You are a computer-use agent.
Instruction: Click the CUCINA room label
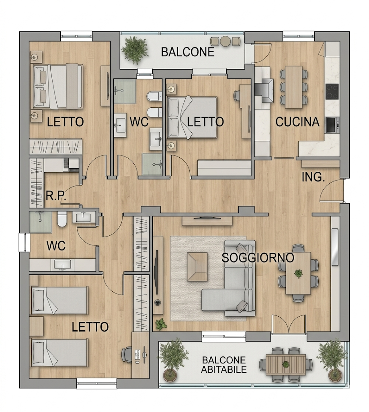(x=297, y=122)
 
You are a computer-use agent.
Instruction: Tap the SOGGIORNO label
(x=258, y=258)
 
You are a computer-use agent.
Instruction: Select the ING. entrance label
(x=314, y=177)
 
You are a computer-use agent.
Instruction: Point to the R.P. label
(x=55, y=196)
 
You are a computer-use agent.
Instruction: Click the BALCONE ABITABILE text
(x=224, y=365)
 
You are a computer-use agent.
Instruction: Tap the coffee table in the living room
(x=197, y=267)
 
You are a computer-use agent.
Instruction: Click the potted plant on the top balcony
(x=135, y=50)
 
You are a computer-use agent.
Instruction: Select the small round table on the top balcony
(x=225, y=41)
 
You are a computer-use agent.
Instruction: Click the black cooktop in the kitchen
(x=332, y=91)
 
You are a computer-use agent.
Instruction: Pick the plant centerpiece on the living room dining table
(x=298, y=273)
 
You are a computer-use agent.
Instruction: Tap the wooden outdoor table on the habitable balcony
(x=285, y=365)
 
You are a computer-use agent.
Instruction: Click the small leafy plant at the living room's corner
(x=161, y=324)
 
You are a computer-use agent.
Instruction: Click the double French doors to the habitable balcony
(x=289, y=324)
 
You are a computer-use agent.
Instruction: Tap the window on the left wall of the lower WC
(x=23, y=242)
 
